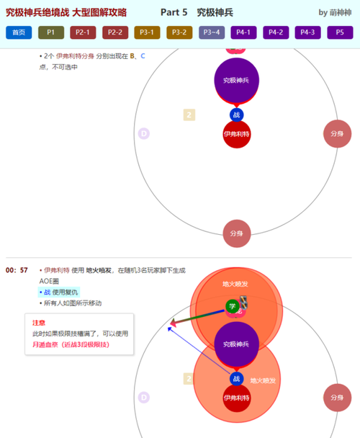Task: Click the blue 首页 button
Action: pyautogui.click(x=19, y=32)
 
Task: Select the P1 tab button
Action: pyautogui.click(x=51, y=32)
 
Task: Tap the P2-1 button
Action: pyautogui.click(x=83, y=32)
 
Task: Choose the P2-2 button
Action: pyautogui.click(x=115, y=32)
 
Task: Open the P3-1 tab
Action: pyautogui.click(x=147, y=32)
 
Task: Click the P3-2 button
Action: pyautogui.click(x=179, y=32)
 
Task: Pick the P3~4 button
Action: pyautogui.click(x=212, y=32)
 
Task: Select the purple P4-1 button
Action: pyautogui.click(x=243, y=32)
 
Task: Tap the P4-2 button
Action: pyautogui.click(x=276, y=32)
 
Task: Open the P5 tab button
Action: pyautogui.click(x=340, y=32)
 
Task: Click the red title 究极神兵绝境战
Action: pyautogui.click(x=36, y=12)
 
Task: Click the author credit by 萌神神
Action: pyautogui.click(x=336, y=12)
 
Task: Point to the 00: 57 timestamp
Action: pyautogui.click(x=17, y=270)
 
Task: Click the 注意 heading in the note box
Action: pyautogui.click(x=39, y=323)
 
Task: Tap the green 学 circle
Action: pyautogui.click(x=231, y=305)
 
